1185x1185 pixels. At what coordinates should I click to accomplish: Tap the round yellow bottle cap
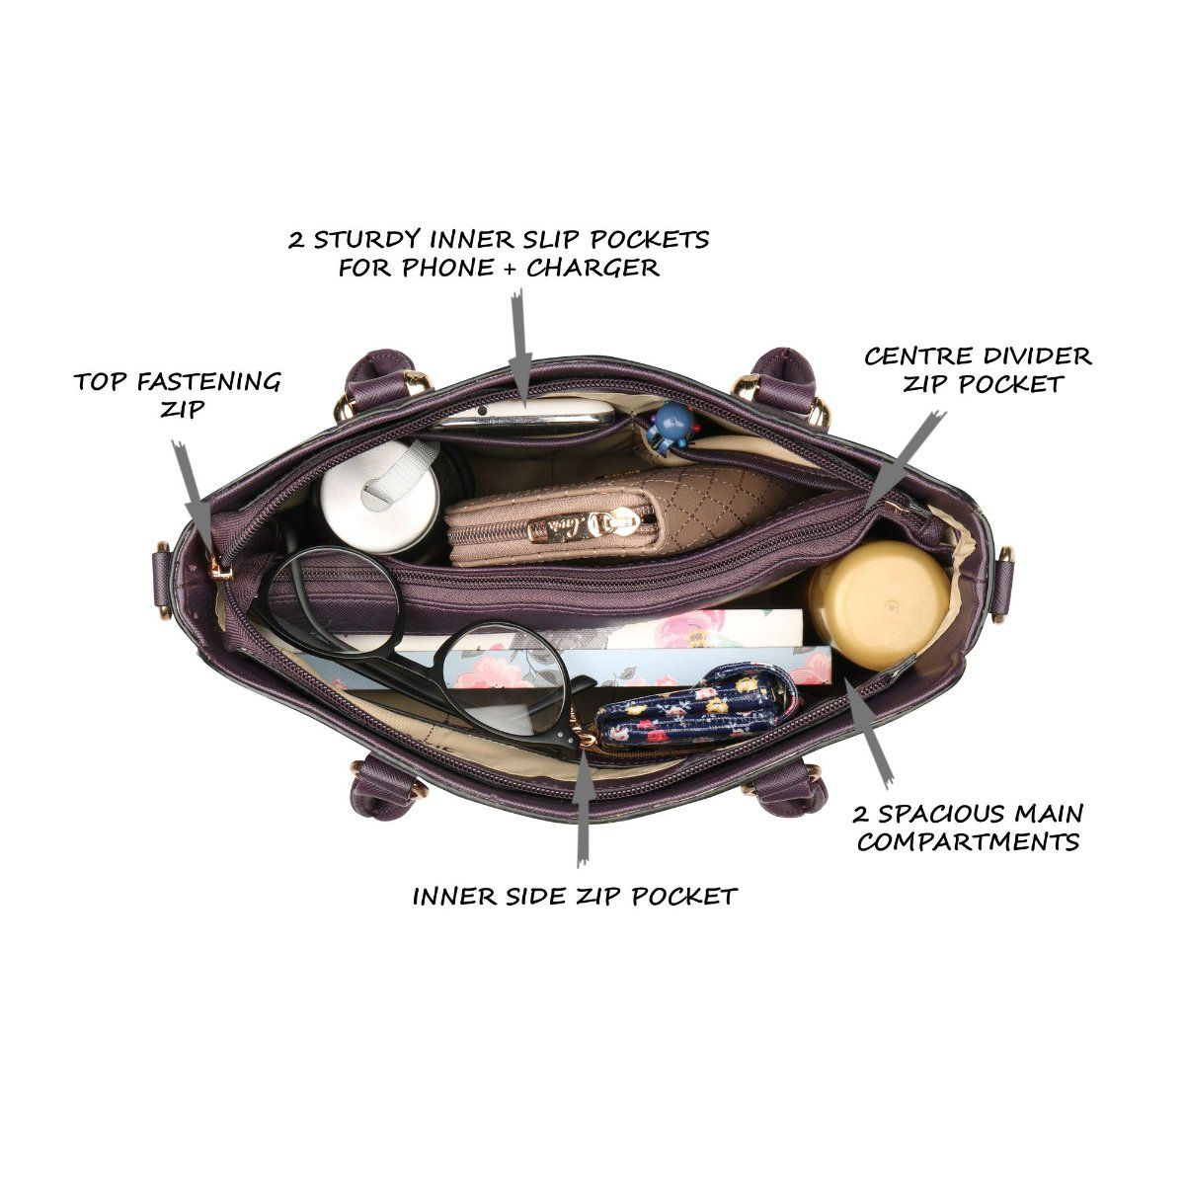879,605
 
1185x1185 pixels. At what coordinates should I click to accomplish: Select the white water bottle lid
379,495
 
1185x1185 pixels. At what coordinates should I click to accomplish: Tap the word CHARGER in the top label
592,268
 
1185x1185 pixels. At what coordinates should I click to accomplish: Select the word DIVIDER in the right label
1037,356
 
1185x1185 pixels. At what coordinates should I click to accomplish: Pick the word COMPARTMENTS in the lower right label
969,842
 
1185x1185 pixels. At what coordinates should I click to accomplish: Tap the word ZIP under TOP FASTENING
182,408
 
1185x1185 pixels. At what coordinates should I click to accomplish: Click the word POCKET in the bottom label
684,896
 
